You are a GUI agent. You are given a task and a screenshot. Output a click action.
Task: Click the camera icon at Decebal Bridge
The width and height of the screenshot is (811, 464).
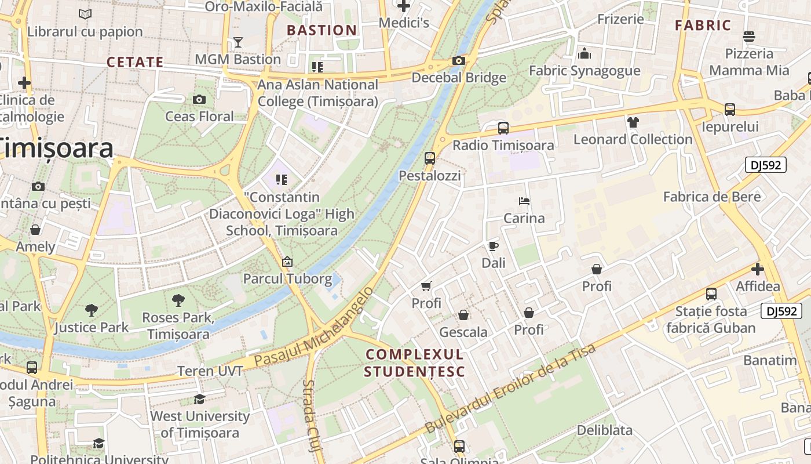[459, 60]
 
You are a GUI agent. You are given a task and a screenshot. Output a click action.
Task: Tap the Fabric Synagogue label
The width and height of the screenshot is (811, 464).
[584, 71]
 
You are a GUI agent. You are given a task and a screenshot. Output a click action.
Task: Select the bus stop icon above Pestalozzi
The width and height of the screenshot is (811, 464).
[429, 158]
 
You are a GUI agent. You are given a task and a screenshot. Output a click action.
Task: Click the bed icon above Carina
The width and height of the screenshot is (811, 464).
[524, 201]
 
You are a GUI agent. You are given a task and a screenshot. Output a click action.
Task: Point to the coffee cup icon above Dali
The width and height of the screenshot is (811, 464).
[493, 246]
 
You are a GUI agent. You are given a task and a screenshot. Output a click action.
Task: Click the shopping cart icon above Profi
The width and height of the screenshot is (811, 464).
[426, 286]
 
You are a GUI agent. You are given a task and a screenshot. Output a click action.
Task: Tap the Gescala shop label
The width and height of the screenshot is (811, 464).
[463, 332]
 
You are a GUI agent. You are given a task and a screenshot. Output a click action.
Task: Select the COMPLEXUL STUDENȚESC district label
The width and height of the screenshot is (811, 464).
[415, 362]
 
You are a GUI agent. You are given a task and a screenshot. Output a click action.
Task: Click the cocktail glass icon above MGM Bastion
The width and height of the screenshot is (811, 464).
[238, 42]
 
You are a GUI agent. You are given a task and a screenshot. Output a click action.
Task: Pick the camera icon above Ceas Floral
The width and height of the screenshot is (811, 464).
[199, 99]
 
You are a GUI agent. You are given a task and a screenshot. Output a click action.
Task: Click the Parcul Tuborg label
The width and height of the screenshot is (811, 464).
[287, 278]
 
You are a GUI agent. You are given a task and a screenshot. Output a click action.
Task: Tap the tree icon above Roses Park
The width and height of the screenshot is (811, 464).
[178, 300]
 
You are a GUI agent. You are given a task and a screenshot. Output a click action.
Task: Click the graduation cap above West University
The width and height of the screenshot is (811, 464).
[199, 399]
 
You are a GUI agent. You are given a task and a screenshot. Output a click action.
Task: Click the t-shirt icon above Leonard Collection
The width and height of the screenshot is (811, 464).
[633, 122]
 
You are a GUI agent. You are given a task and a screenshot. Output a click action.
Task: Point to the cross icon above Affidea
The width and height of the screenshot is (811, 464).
[757, 269]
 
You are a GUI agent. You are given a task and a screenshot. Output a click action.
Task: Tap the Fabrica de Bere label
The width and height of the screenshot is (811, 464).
[711, 197]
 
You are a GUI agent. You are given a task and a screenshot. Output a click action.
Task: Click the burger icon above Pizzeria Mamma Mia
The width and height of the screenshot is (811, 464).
[748, 37]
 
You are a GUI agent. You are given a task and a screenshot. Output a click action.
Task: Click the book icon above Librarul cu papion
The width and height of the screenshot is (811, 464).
[85, 14]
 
